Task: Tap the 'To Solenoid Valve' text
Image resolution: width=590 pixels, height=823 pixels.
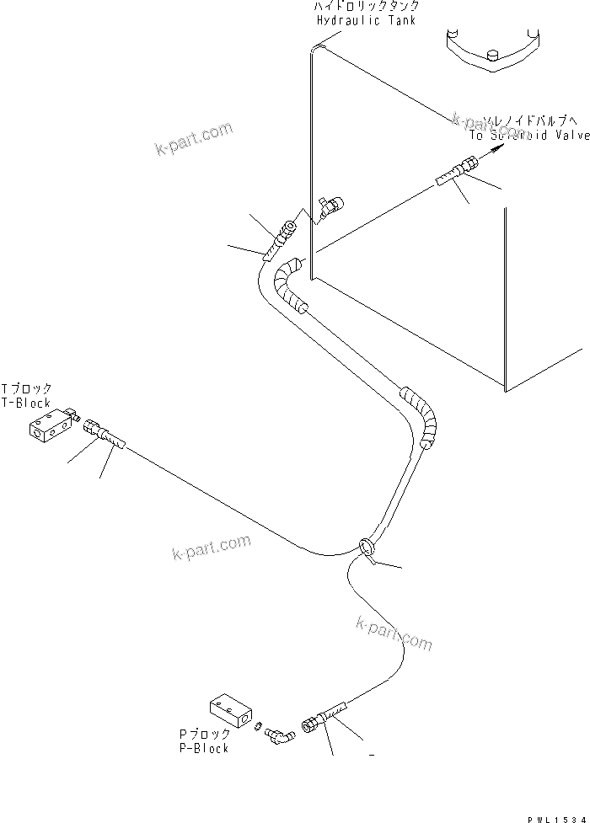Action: (528, 135)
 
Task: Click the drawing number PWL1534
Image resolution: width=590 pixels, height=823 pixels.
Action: (555, 816)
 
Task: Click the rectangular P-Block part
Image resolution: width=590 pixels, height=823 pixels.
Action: (230, 708)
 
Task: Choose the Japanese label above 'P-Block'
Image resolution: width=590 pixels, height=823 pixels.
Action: (202, 735)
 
